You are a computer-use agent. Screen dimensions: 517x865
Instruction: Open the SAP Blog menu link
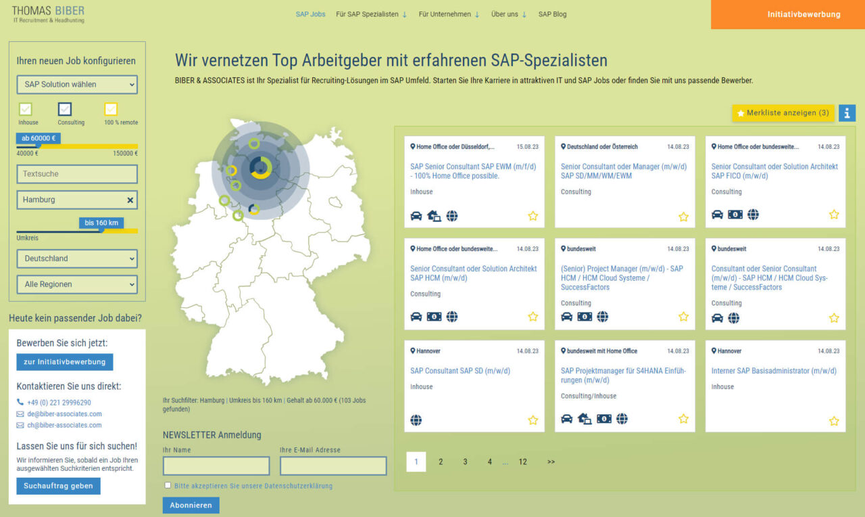(x=552, y=14)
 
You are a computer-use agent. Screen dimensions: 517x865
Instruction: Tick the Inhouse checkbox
(x=26, y=109)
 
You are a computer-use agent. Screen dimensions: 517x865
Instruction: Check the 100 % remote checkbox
(x=111, y=109)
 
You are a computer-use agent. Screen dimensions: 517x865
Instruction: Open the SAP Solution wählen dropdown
(x=77, y=85)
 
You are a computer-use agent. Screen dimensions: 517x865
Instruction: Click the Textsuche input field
(x=77, y=174)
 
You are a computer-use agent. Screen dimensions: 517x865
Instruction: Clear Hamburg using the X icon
(x=130, y=200)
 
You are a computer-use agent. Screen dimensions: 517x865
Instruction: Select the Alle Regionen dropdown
(x=77, y=285)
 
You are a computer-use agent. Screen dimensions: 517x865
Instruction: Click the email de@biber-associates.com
(x=64, y=414)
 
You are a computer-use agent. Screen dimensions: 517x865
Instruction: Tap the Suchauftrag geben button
(x=58, y=486)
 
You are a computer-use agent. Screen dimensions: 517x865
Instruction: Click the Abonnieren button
(x=191, y=505)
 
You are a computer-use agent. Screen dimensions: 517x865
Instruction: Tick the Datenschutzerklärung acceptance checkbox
(x=168, y=485)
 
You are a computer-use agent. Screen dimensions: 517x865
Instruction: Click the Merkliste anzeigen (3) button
(x=783, y=113)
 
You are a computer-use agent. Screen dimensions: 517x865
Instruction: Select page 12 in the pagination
(x=522, y=462)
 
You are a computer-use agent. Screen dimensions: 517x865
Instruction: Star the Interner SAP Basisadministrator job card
(x=834, y=421)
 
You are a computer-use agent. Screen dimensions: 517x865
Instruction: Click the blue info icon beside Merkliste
(x=847, y=113)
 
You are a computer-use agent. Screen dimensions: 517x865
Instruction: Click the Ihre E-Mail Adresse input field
(x=333, y=466)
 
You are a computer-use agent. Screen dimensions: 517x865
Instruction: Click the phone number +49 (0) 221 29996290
(x=59, y=403)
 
